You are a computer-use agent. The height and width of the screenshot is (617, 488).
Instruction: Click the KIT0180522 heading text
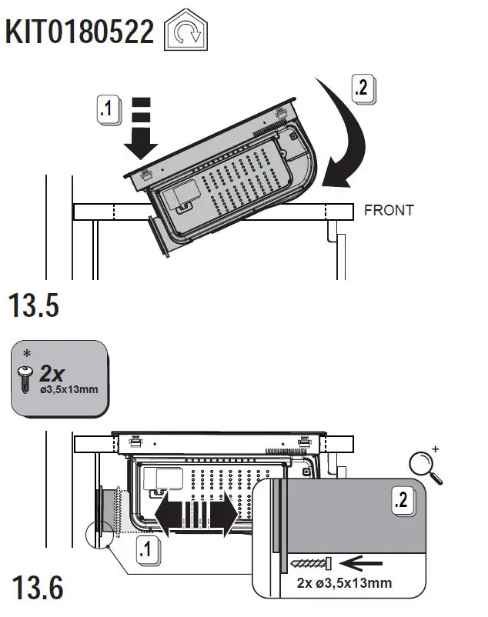pyautogui.click(x=80, y=32)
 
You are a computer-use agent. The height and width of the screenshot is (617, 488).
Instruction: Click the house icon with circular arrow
pyautogui.click(x=186, y=34)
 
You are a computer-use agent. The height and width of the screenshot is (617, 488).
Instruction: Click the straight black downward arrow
pyautogui.click(x=140, y=128)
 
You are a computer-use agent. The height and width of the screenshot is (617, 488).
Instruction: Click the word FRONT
pyautogui.click(x=389, y=210)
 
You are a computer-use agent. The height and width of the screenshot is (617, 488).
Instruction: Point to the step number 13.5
pyautogui.click(x=34, y=305)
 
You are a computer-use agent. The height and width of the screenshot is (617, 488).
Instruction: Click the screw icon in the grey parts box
pyautogui.click(x=25, y=378)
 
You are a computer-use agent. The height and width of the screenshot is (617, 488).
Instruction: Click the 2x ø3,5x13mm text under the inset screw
pyautogui.click(x=344, y=583)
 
